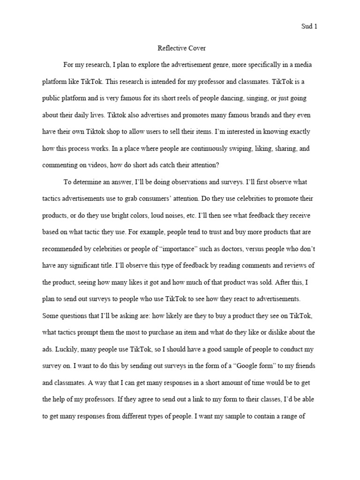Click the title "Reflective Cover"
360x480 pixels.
click(x=180, y=48)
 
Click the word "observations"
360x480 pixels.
click(x=191, y=182)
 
